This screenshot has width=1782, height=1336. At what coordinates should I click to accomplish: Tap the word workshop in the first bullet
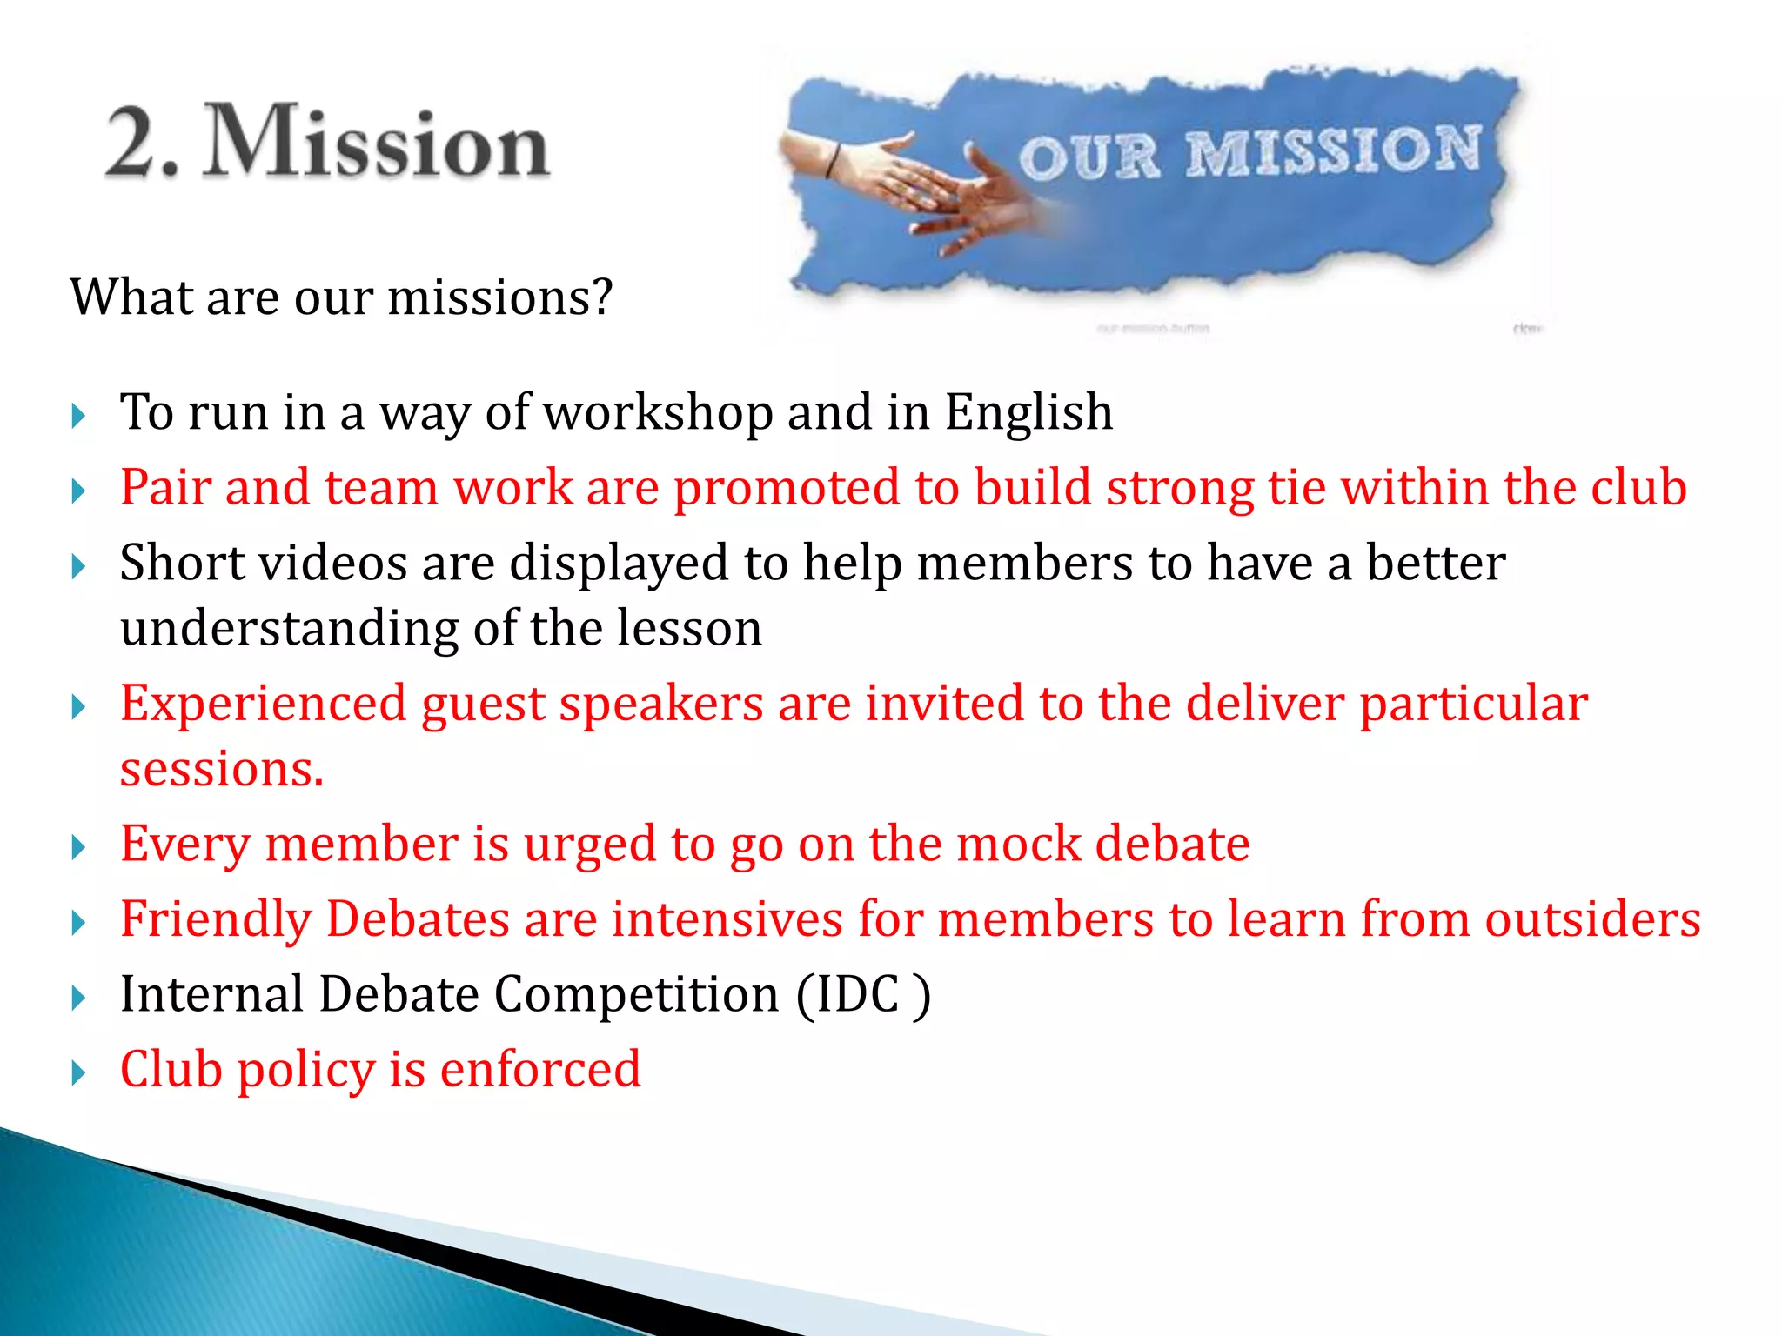coord(658,412)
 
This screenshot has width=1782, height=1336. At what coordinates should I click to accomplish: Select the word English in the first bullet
coord(1028,412)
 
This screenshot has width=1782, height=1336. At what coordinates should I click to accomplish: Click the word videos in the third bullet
coord(332,563)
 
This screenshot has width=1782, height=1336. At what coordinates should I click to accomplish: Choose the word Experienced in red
coord(263,704)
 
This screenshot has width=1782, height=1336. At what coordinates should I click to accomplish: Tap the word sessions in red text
coord(221,770)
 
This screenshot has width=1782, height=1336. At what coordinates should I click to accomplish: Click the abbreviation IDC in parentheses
coord(858,994)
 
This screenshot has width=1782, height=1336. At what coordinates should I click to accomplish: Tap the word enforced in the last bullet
coord(540,1070)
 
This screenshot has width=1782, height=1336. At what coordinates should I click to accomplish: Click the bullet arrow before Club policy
coord(78,1072)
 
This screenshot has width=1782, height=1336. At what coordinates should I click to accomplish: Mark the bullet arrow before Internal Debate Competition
coord(78,997)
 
